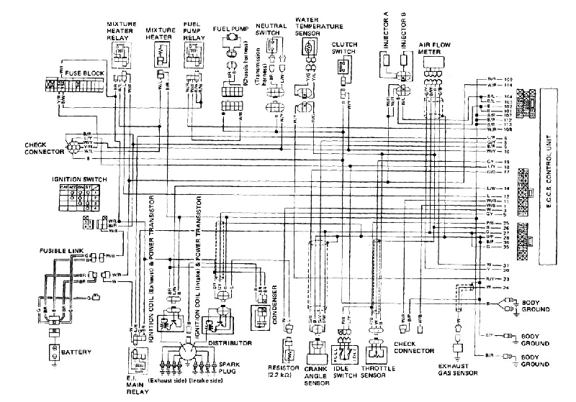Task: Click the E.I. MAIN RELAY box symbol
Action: pos(138,357)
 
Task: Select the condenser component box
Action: pos(259,314)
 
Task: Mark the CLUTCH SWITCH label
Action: pos(343,48)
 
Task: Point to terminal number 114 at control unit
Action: pos(507,85)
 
